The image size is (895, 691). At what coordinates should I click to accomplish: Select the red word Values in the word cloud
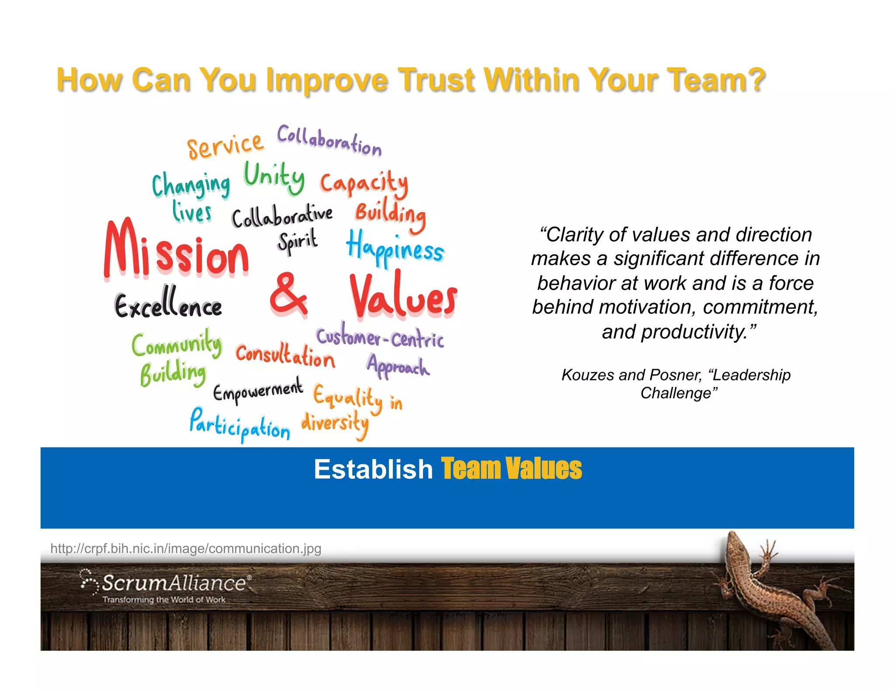tap(403, 296)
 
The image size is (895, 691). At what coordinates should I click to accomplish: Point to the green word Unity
tap(274, 177)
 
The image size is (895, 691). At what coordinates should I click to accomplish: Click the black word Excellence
tap(168, 304)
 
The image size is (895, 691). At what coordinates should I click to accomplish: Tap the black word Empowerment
tap(258, 390)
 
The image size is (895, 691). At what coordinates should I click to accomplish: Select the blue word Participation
tap(239, 425)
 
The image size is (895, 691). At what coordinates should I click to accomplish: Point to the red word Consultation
tap(285, 355)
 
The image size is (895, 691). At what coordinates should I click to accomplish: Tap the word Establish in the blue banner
tap(373, 469)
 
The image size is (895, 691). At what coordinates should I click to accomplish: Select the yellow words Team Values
tap(511, 469)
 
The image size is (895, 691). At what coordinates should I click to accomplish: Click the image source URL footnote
tap(186, 548)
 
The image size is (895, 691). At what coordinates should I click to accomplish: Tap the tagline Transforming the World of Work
tap(164, 600)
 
